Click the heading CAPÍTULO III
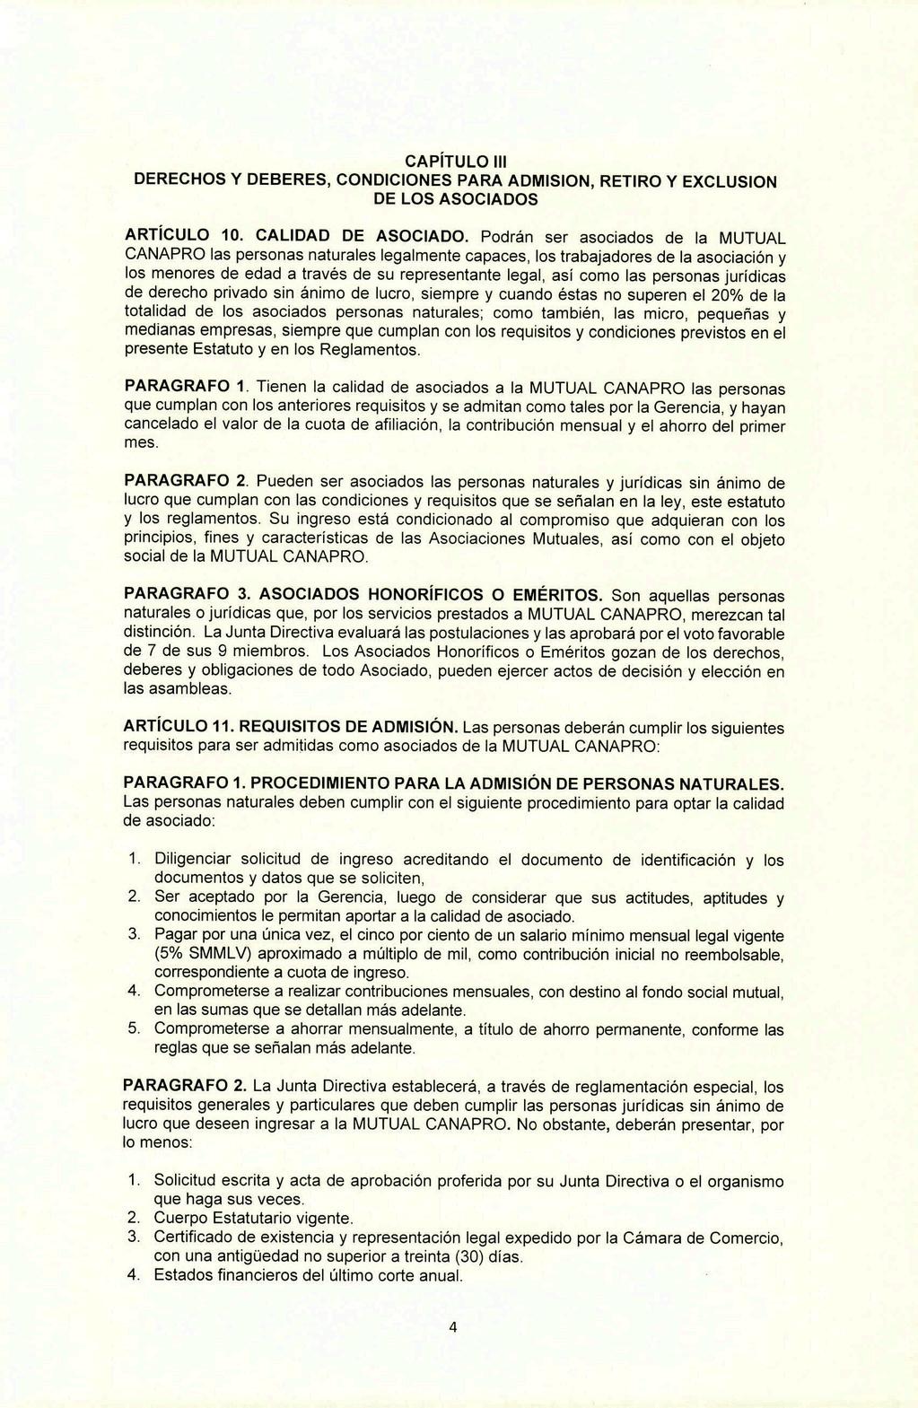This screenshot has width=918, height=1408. coord(457,162)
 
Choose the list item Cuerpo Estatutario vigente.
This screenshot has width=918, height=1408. coord(254,1219)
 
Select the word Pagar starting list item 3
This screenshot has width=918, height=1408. coord(174,934)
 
